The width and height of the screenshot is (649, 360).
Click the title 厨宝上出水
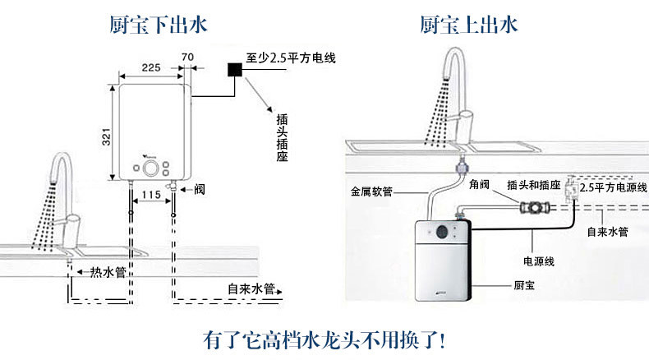pos(469,25)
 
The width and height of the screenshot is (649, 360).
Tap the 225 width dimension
pos(150,68)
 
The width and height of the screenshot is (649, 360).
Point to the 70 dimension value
pos(187,58)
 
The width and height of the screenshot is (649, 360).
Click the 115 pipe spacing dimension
pos(150,195)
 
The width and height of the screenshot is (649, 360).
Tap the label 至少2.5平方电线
pos(291,58)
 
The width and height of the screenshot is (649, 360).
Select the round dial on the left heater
pos(151,168)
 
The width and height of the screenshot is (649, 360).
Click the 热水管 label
pos(107,271)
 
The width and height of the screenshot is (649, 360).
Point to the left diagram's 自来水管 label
pos(251,288)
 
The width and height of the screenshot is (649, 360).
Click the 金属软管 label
pos(371,192)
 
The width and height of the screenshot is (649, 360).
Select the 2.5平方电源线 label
pos(613,187)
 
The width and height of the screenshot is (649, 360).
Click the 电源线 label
pos(539,261)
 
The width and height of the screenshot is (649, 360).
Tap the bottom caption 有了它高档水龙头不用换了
pos(324,338)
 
